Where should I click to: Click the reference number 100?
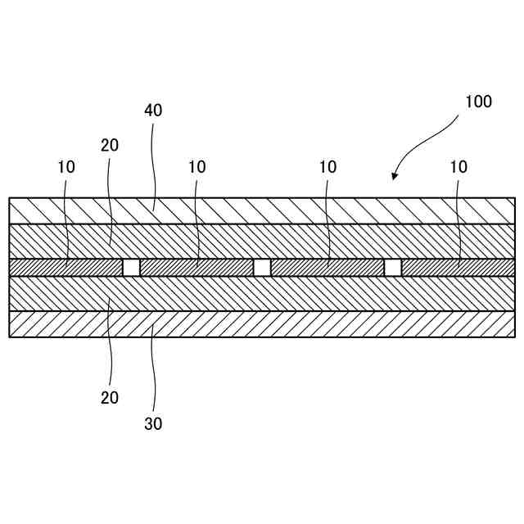(478, 102)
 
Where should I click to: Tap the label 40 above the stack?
(153, 111)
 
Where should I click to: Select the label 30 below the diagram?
(153, 424)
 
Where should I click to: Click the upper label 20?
(110, 146)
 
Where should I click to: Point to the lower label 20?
(110, 398)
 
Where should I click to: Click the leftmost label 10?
(66, 167)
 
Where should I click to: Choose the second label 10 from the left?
(196, 167)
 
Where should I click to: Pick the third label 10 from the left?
(327, 167)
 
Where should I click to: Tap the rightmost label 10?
(458, 167)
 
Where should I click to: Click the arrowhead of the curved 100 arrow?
(395, 176)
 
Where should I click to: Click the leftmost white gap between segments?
(131, 268)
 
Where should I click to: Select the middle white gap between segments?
(262, 268)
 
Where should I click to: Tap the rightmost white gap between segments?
(393, 268)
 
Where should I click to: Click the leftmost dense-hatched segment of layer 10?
(65, 268)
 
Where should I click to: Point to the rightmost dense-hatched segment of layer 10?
(458, 268)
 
